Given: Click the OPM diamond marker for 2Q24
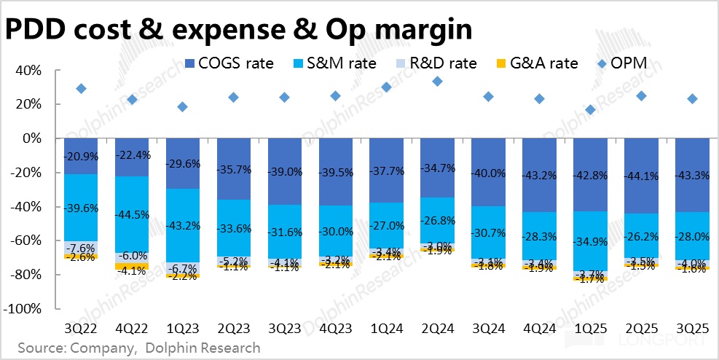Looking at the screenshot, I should (x=437, y=82).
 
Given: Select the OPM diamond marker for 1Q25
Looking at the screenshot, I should (x=590, y=110).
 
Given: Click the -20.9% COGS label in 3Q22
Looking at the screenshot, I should (x=81, y=157).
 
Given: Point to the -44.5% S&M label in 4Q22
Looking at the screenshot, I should (x=132, y=214).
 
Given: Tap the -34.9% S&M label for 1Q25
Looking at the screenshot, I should (x=590, y=241).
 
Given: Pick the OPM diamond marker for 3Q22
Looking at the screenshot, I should (x=81, y=89).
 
